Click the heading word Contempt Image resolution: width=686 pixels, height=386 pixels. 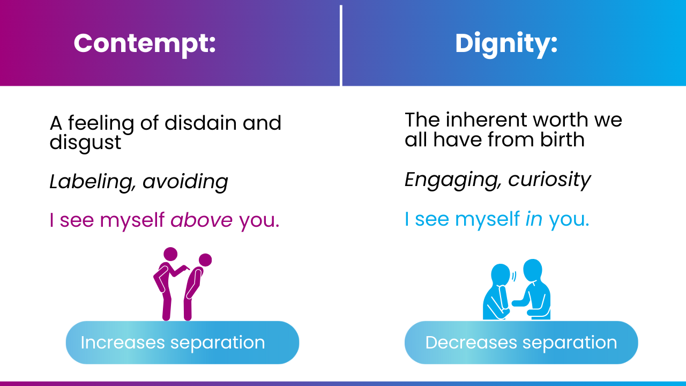click(x=144, y=43)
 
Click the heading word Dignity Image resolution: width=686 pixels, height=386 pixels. click(x=506, y=43)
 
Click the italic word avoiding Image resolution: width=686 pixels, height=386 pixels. click(x=185, y=182)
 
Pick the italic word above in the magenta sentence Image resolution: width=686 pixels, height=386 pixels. click(x=202, y=220)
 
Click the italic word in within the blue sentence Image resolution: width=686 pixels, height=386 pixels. click(x=534, y=219)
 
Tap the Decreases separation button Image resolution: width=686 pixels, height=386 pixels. click(x=521, y=343)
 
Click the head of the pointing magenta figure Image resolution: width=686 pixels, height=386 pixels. click(x=170, y=254)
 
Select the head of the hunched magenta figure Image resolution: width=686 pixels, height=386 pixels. click(x=205, y=260)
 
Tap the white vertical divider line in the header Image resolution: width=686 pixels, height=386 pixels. click(x=341, y=46)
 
